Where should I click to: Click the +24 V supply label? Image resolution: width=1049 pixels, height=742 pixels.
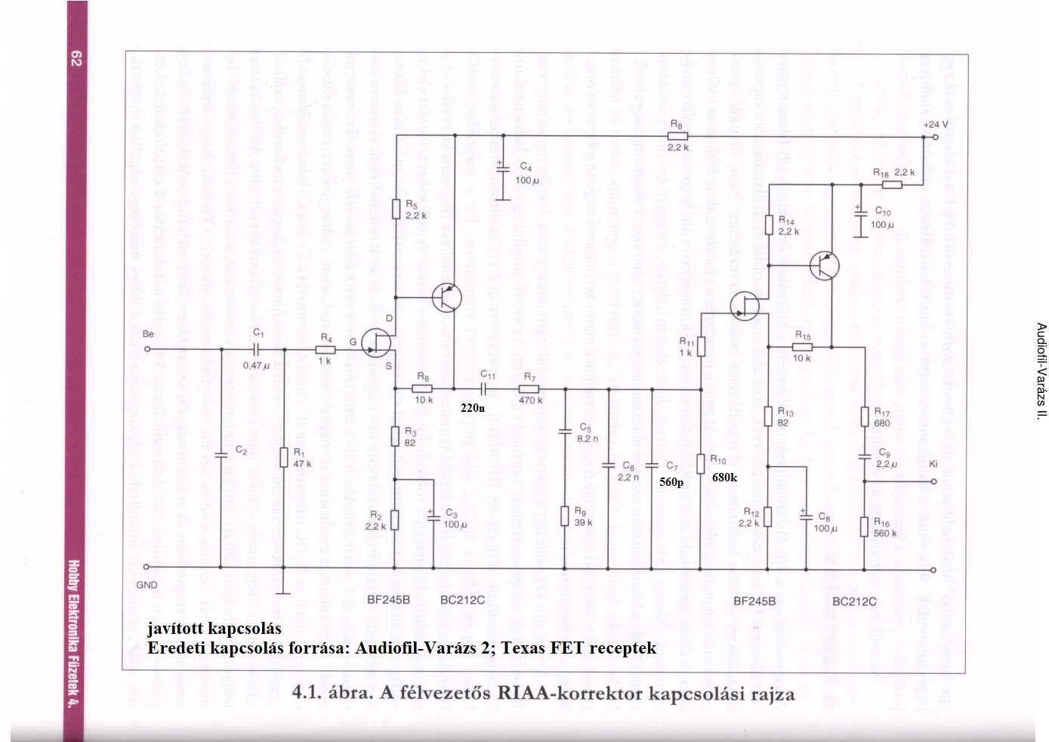935,125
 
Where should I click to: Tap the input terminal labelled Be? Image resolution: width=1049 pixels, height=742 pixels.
147,348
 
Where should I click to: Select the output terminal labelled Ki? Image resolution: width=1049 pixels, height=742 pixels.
934,481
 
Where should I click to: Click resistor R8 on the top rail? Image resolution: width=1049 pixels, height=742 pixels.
677,136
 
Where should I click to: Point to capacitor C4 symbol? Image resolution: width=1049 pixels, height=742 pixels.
503,170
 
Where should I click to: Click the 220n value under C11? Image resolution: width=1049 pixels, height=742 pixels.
473,408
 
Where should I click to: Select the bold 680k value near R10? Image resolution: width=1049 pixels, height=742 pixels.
724,478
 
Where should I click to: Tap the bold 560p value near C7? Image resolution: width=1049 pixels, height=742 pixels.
671,482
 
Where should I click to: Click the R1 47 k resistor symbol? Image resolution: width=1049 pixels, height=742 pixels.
283,456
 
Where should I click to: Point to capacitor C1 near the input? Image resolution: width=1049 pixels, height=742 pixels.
258,349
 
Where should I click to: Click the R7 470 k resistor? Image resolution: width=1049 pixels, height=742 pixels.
529,389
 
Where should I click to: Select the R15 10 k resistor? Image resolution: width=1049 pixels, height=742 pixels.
802,347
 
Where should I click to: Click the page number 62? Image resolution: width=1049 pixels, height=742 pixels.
76,58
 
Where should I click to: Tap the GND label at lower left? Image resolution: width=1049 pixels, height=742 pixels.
147,585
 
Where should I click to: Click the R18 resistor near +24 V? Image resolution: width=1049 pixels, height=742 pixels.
892,184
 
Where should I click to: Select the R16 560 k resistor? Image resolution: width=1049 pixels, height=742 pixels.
864,526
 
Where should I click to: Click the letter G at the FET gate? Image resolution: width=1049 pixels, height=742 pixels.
353,342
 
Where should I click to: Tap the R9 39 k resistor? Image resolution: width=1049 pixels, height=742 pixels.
564,516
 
